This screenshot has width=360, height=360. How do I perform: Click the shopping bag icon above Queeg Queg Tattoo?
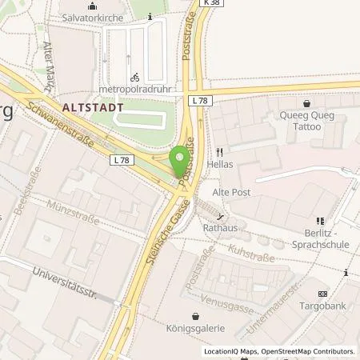pyautogui.click(x=306, y=103)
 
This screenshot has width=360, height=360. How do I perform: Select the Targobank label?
pyautogui.click(x=323, y=306)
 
